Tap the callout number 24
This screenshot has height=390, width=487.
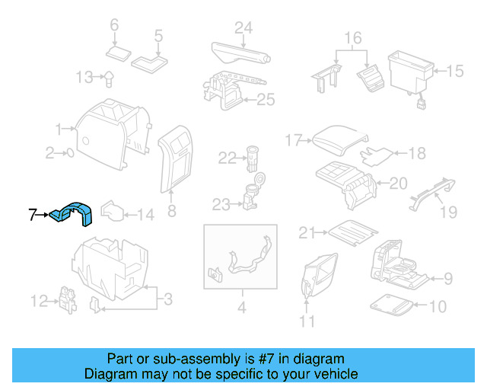(243, 29)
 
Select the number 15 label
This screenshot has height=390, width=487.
(454, 72)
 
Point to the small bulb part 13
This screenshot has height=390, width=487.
(109, 76)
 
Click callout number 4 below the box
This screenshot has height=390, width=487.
(242, 308)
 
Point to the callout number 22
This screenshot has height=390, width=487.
(228, 158)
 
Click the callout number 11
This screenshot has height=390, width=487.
(307, 321)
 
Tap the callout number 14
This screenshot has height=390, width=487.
(145, 216)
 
